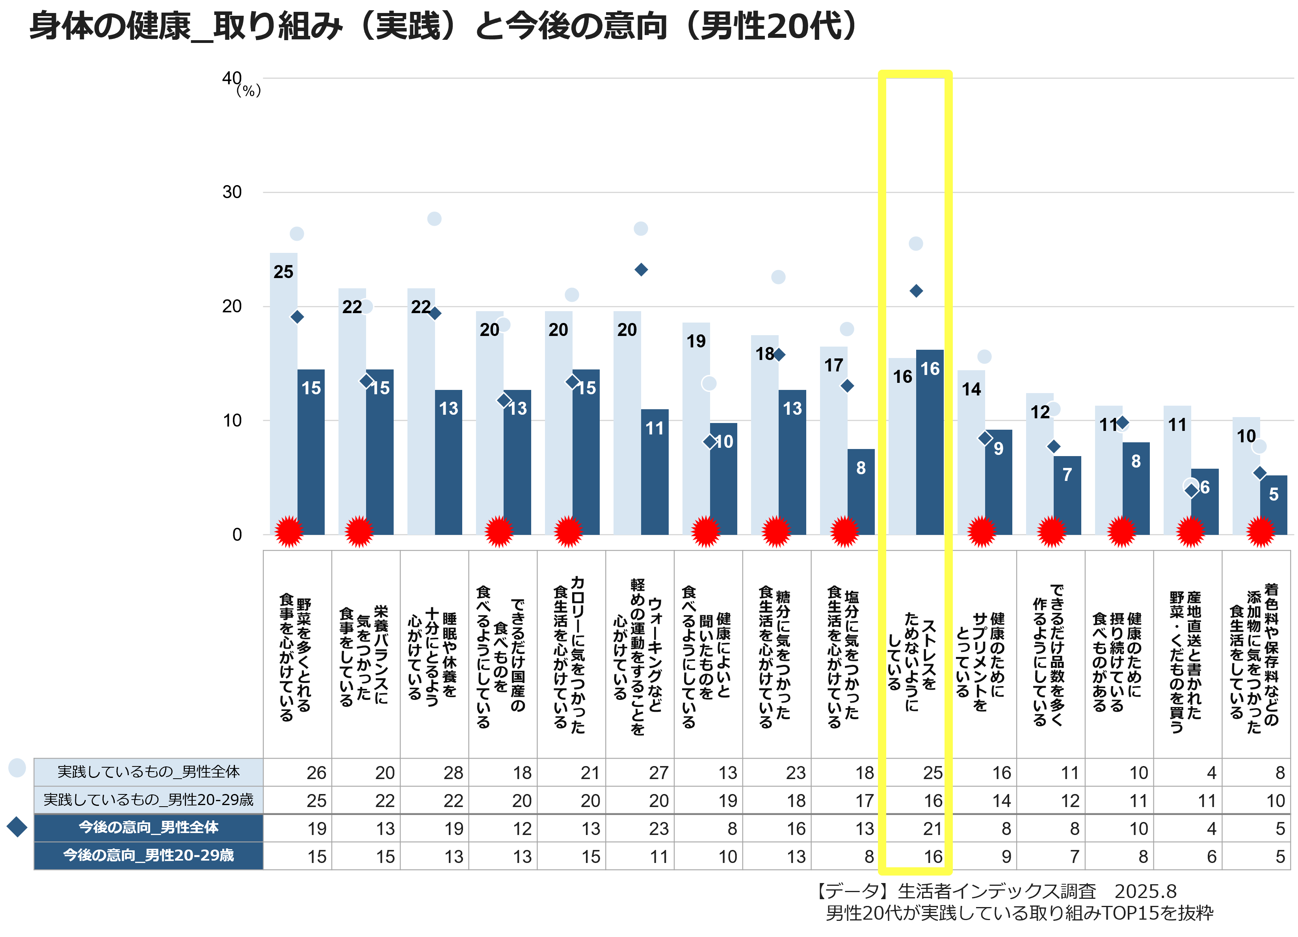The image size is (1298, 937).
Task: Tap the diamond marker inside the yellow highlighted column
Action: point(916,291)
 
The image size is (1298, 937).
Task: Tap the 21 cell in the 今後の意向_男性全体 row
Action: point(932,828)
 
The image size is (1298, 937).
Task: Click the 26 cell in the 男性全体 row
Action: point(316,773)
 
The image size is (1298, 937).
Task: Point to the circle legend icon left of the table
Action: point(17,768)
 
